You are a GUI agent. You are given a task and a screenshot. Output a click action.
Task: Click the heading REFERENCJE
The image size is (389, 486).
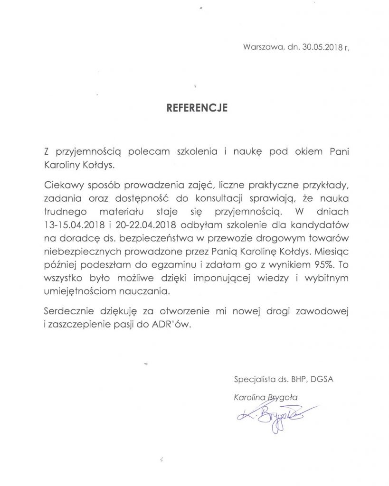[197, 108]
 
